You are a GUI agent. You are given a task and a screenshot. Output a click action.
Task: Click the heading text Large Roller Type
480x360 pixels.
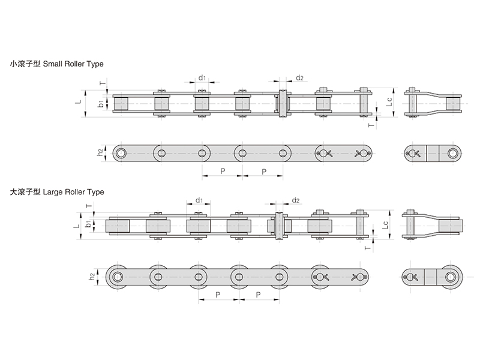[x=74, y=192]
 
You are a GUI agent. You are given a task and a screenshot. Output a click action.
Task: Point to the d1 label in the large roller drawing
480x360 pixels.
[x=198, y=200]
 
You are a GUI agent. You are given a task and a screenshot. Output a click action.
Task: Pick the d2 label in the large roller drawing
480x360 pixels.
[x=295, y=200]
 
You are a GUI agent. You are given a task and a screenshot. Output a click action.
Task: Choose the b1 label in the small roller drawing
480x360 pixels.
[x=101, y=103]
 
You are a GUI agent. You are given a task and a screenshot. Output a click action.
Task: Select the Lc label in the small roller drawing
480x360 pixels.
[x=389, y=103]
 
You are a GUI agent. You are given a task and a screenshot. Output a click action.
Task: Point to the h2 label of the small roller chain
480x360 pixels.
[x=100, y=152]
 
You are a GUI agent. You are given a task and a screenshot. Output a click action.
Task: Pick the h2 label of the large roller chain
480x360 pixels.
[x=92, y=277]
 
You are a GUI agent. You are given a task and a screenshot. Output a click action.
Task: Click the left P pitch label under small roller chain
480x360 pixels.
[x=223, y=171]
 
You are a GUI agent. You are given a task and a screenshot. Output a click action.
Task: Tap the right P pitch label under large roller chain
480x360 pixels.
[x=259, y=295]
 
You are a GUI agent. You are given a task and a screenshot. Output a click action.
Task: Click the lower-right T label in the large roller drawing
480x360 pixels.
[x=368, y=248]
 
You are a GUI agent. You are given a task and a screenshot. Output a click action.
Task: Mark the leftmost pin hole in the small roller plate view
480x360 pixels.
[x=122, y=153]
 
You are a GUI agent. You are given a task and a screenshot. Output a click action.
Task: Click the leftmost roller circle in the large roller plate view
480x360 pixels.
[x=118, y=277]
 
